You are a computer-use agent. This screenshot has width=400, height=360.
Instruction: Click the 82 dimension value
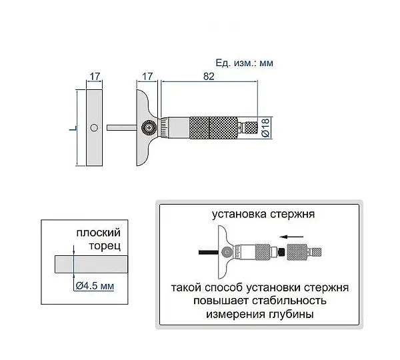pyautogui.click(x=209, y=76)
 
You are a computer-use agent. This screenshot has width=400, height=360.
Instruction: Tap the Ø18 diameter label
pyautogui.click(x=265, y=127)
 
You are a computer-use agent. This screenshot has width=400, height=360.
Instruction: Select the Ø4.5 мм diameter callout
pyautogui.click(x=95, y=286)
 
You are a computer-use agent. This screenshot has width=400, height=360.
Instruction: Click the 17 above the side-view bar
pyautogui.click(x=95, y=76)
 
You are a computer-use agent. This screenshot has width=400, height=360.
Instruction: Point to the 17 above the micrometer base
pyautogui.click(x=147, y=76)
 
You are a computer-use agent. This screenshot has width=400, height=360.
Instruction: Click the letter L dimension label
pyautogui.click(x=73, y=129)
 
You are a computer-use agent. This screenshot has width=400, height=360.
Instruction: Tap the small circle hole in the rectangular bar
pyautogui.click(x=94, y=127)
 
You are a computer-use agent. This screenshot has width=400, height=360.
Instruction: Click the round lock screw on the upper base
pyautogui.click(x=149, y=127)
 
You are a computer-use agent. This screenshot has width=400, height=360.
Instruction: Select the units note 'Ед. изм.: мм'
pyautogui.click(x=245, y=63)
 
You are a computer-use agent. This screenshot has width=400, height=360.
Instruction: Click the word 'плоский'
pyautogui.click(x=98, y=233)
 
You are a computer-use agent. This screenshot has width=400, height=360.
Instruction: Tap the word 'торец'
pyautogui.click(x=105, y=246)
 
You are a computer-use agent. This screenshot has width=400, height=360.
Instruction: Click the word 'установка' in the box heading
pyautogui.click(x=239, y=214)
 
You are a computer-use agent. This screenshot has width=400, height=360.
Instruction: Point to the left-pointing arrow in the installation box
pyautogui.click(x=291, y=237)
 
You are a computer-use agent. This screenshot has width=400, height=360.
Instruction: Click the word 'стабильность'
pyautogui.click(x=289, y=301)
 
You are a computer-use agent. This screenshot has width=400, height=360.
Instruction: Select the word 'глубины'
pyautogui.click(x=291, y=314)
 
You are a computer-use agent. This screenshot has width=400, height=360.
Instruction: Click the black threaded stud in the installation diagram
pyautogui.click(x=281, y=252)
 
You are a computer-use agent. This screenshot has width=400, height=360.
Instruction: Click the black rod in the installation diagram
pyautogui.click(x=209, y=252)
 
